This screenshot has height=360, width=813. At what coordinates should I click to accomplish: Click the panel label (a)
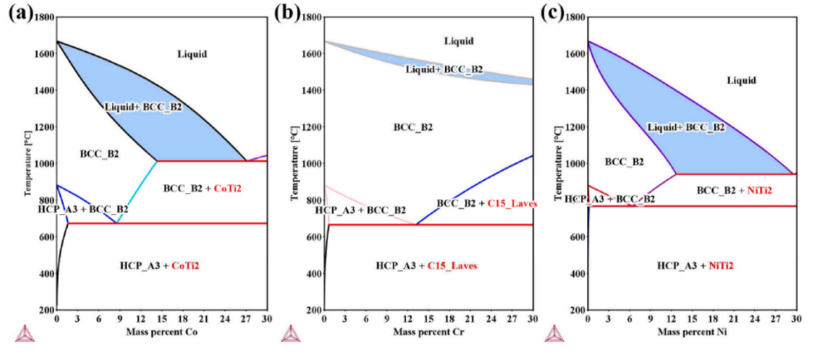click(x=20, y=12)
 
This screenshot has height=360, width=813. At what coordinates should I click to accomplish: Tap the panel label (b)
click(x=288, y=12)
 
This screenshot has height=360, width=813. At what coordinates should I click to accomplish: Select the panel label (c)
click(x=554, y=12)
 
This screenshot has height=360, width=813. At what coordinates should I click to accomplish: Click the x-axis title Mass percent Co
click(x=162, y=332)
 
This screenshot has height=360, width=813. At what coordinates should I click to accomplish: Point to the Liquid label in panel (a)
click(x=192, y=53)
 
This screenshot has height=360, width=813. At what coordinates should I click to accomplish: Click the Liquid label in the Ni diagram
click(x=741, y=80)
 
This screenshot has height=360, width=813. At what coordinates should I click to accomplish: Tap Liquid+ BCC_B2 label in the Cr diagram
click(x=444, y=69)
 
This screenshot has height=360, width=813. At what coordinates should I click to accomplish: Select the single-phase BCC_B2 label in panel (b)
click(x=413, y=127)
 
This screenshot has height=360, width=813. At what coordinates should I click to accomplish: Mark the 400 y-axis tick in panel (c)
click(x=577, y=273)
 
